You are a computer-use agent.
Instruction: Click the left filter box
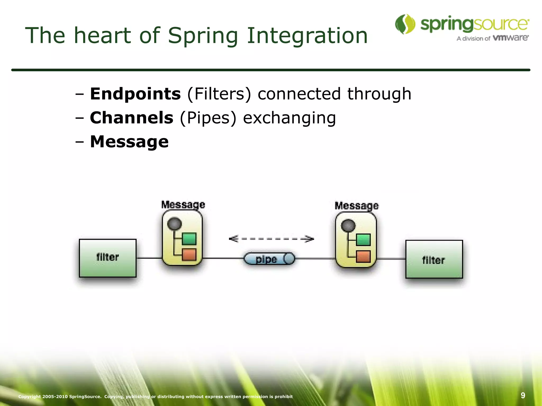[108, 258]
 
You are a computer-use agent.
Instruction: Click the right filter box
[434, 259]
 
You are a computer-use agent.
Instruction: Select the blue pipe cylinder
[269, 259]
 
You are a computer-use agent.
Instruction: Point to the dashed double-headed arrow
[271, 239]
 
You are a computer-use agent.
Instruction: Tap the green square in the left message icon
[189, 239]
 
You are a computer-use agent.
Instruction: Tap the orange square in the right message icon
[363, 257]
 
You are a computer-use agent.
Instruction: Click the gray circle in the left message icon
[175, 224]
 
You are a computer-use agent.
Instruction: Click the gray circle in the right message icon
[348, 226]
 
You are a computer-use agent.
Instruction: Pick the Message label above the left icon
[183, 204]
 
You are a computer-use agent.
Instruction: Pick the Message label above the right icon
[356, 206]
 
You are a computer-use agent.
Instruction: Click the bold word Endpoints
[135, 94]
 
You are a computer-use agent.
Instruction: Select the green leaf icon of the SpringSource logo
[405, 24]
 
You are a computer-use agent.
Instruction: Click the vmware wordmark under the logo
[511, 38]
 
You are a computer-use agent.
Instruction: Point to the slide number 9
[523, 395]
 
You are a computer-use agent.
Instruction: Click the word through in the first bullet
[379, 94]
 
